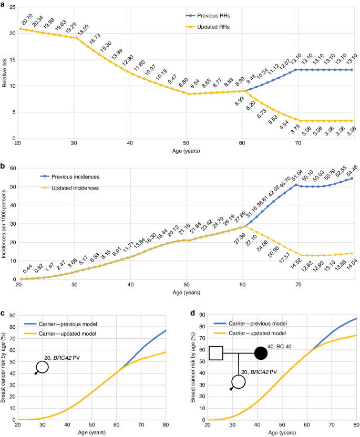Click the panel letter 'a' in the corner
[x=3, y=4]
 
